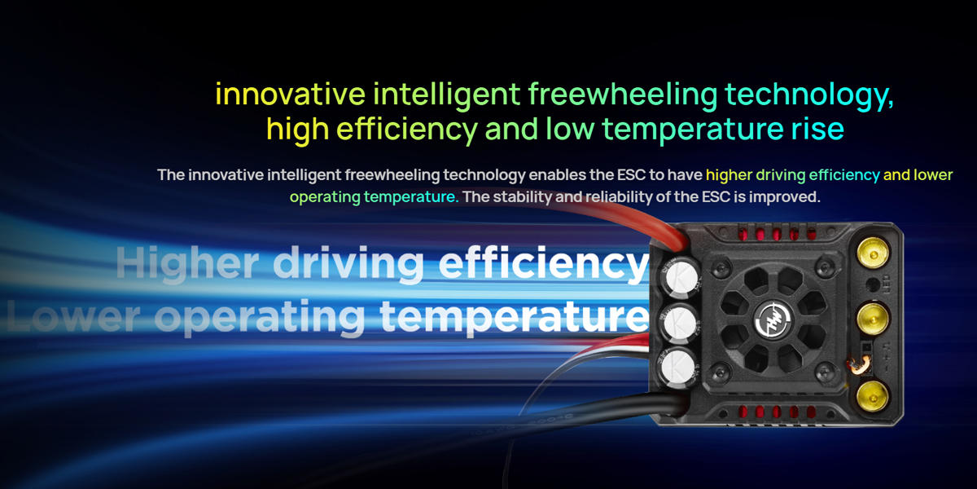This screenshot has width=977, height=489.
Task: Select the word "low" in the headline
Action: point(570,129)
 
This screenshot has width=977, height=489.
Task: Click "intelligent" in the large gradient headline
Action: point(447,95)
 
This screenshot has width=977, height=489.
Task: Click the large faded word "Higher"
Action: point(187,263)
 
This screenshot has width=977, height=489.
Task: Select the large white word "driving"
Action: point(348,263)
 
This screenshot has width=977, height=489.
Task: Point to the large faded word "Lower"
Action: point(72,315)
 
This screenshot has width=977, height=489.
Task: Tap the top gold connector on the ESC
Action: point(873,253)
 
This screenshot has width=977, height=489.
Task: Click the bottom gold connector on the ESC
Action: point(872,396)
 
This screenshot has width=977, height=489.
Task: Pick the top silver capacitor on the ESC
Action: point(680,277)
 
